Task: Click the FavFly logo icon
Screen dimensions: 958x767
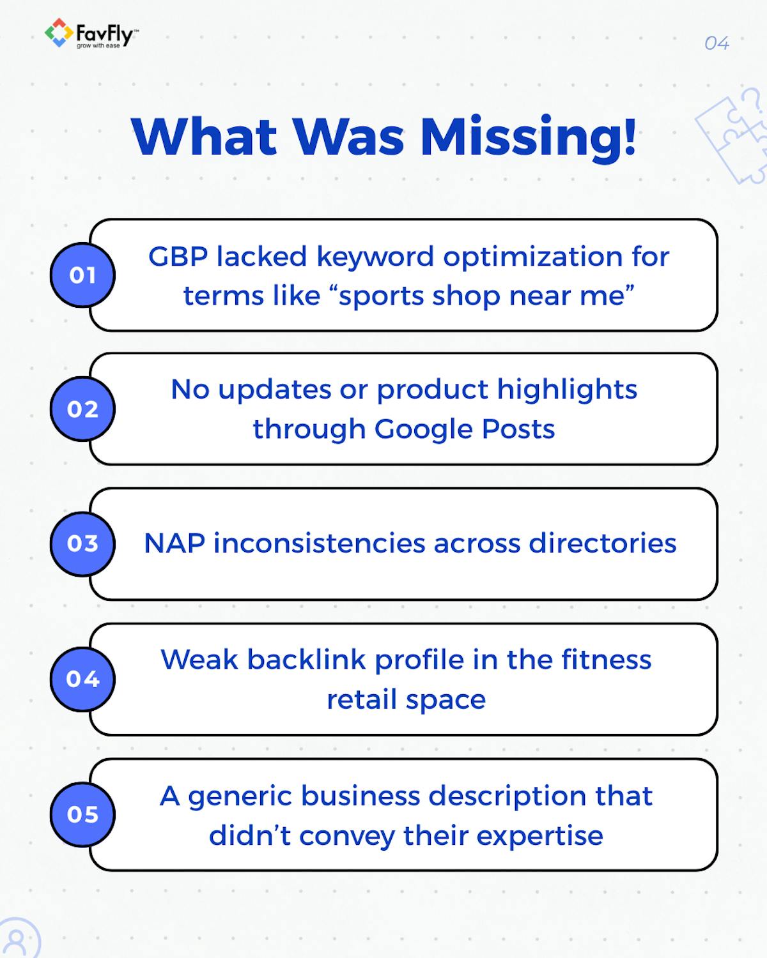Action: pyautogui.click(x=58, y=33)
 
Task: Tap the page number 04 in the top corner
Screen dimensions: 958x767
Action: pyautogui.click(x=717, y=43)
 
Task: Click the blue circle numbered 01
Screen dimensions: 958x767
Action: pyautogui.click(x=82, y=275)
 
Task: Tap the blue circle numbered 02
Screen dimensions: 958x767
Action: pyautogui.click(x=82, y=409)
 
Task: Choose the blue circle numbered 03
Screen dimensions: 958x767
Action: pyautogui.click(x=82, y=544)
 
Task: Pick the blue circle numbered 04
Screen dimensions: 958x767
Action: pyautogui.click(x=82, y=679)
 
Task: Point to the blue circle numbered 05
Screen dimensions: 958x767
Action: pyautogui.click(x=82, y=814)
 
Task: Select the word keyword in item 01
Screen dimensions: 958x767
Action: pyautogui.click(x=375, y=257)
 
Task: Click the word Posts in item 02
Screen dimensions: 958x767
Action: pyautogui.click(x=518, y=429)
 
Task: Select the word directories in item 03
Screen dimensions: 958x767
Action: pyautogui.click(x=602, y=544)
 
